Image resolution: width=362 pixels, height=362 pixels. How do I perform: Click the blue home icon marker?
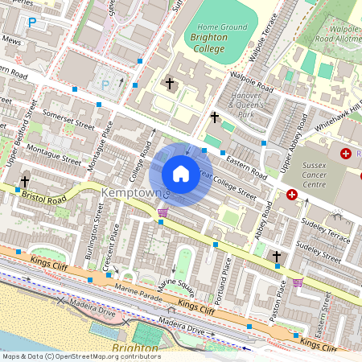coord(181,173)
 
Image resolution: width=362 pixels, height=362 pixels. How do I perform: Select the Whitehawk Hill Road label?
coord(337,113)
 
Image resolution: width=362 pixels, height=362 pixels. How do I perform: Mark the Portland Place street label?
coord(229,276)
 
